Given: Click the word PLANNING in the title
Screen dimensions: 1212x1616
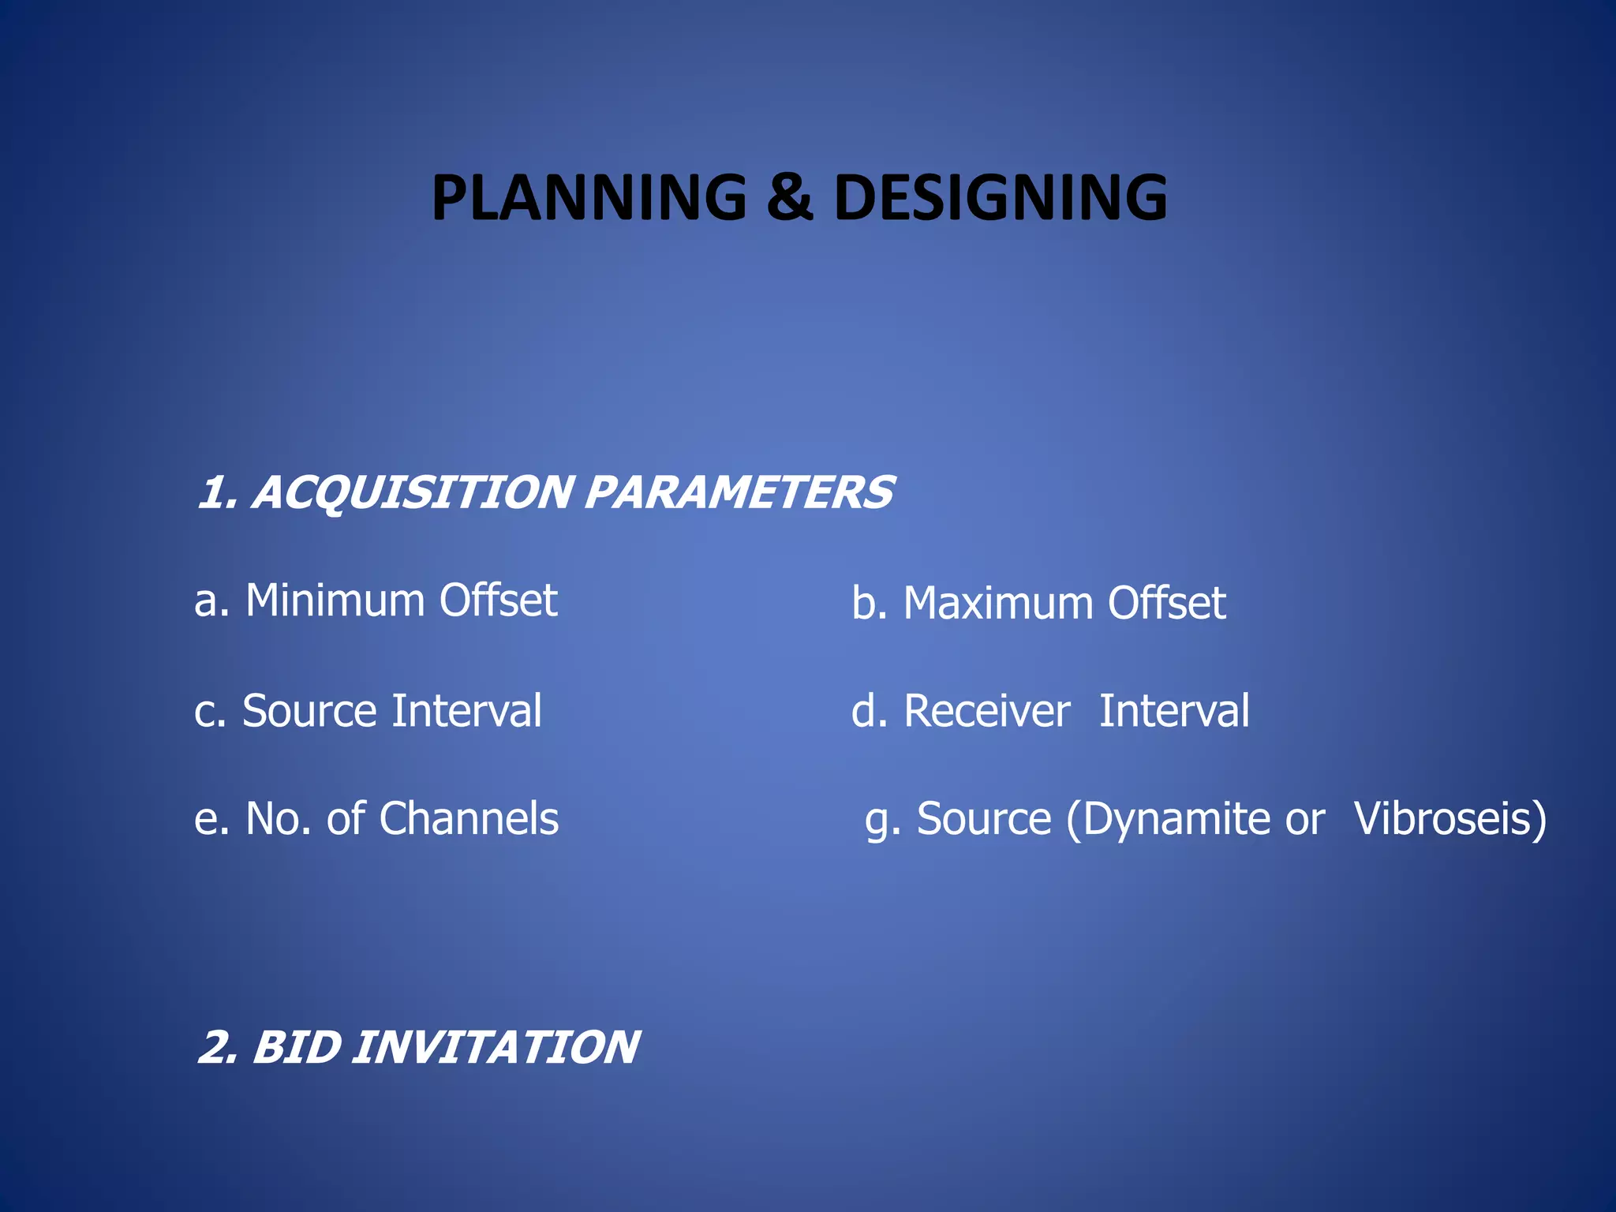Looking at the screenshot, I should pos(589,197).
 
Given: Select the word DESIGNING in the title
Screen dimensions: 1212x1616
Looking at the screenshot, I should pos(1000,197).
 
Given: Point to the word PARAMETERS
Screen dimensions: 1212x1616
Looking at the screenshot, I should pos(739,492).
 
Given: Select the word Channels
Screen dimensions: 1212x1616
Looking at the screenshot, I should pos(469,818).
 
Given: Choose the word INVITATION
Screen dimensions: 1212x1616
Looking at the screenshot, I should pos(495,1047).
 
